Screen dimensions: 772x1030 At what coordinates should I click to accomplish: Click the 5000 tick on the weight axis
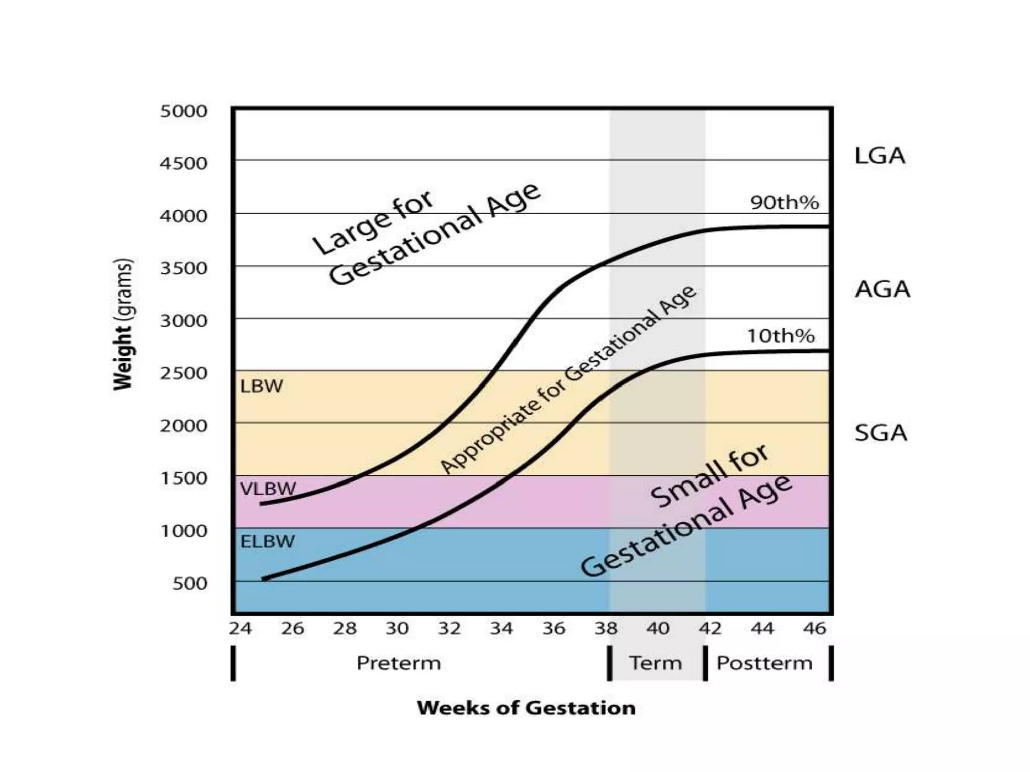click(x=184, y=111)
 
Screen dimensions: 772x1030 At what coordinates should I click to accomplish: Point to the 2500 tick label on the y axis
click(x=184, y=373)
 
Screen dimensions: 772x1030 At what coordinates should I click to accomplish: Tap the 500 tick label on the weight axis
click(x=190, y=584)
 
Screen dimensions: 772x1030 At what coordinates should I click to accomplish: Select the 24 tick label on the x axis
click(x=240, y=628)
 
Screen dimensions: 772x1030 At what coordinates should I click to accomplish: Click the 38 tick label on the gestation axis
click(x=606, y=628)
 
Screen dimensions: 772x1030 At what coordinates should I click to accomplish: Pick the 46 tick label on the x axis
click(x=814, y=628)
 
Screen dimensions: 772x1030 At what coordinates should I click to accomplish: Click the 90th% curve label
click(x=785, y=203)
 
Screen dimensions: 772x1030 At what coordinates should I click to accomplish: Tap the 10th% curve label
click(x=781, y=336)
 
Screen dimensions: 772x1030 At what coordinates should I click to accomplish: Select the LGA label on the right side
click(x=880, y=156)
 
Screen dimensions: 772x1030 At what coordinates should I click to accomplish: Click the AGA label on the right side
click(x=883, y=289)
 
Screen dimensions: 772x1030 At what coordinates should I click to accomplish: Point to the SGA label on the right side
click(x=881, y=433)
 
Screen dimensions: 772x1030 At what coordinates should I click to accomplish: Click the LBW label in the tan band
click(x=262, y=387)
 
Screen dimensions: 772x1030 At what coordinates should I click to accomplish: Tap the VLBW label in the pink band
click(x=268, y=489)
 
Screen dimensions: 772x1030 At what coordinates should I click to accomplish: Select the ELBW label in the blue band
click(x=268, y=542)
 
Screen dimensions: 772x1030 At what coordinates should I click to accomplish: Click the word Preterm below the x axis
click(x=398, y=663)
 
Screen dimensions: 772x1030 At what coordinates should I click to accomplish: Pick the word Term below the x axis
click(x=655, y=663)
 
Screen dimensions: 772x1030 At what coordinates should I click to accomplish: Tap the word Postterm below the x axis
click(x=764, y=663)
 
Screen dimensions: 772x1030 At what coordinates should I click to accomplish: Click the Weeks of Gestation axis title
click(x=526, y=708)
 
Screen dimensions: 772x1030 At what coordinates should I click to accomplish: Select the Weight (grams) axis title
click(x=123, y=324)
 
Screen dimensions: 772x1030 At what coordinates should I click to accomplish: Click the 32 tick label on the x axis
click(x=449, y=628)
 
